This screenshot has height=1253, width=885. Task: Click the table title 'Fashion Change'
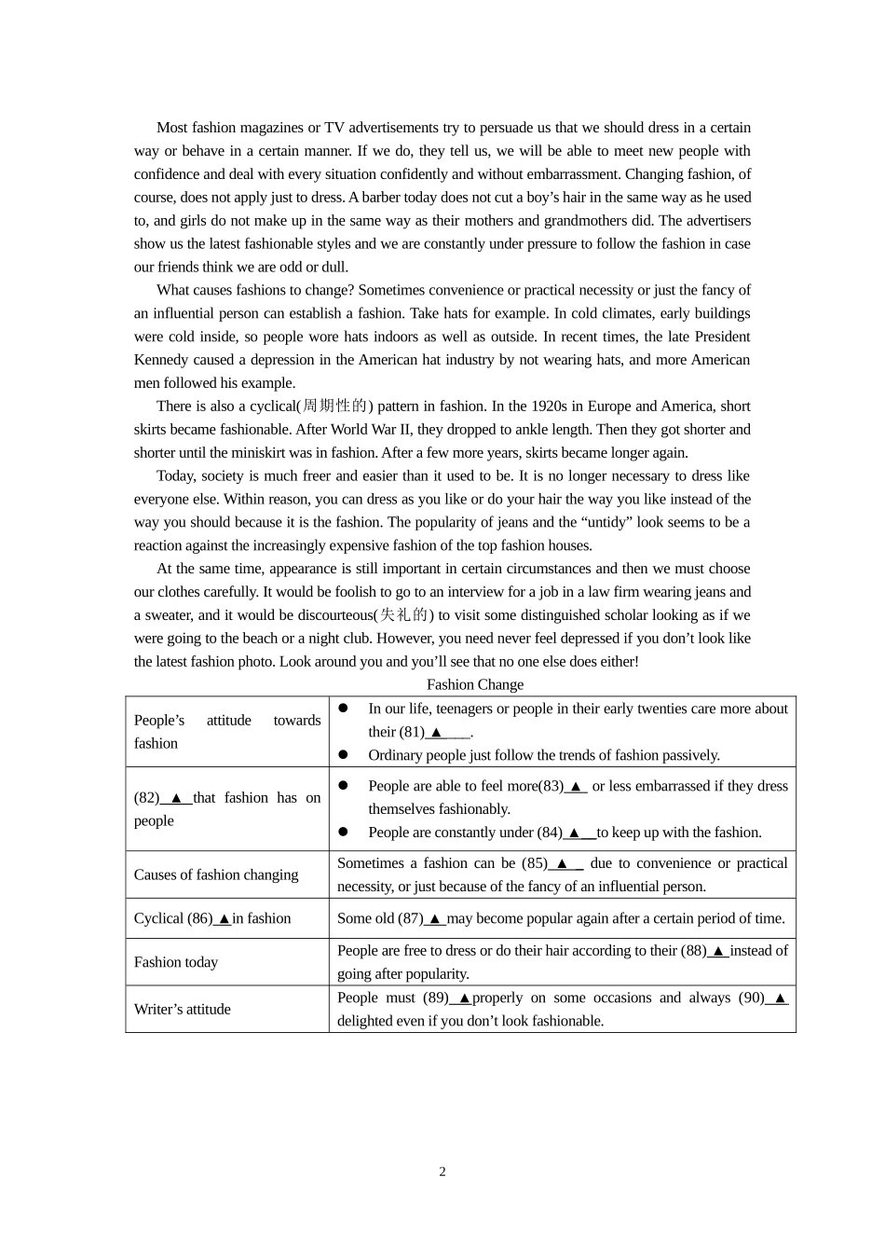tap(475, 684)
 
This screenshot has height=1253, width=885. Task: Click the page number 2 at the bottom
tap(442, 1172)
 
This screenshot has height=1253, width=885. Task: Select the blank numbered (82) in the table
tap(175, 798)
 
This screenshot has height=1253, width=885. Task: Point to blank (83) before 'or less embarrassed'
tap(576, 786)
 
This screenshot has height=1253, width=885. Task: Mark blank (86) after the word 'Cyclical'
tap(224, 919)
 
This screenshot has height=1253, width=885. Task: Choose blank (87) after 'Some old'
tap(434, 919)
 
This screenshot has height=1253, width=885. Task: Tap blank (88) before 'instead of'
tap(717, 951)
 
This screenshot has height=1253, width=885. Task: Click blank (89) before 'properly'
tap(463, 998)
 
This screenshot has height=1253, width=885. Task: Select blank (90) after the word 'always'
tap(779, 998)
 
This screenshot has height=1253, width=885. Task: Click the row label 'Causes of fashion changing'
tap(216, 874)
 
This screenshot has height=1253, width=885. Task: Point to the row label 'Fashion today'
tap(176, 962)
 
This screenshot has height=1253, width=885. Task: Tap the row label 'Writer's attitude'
tap(183, 1009)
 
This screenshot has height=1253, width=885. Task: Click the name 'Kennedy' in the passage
tap(162, 360)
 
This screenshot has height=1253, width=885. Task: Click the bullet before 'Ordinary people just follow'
tap(344, 755)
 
